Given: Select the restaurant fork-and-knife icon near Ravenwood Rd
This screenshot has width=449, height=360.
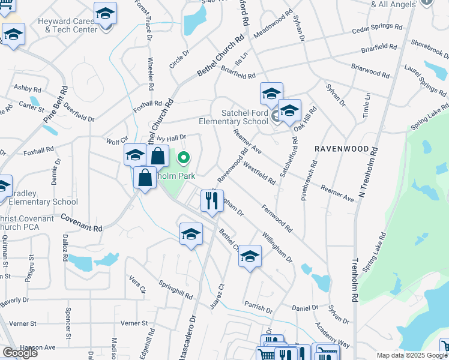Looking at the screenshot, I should click(211, 202).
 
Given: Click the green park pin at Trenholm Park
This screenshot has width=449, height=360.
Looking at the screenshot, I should click(184, 158).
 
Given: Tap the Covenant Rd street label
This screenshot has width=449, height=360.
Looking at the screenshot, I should click(81, 224).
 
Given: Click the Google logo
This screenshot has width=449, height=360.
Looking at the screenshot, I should click(20, 353).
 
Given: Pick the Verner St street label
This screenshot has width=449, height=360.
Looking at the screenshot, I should click(134, 323).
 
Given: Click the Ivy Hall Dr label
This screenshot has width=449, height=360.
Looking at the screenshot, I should click(173, 137).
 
